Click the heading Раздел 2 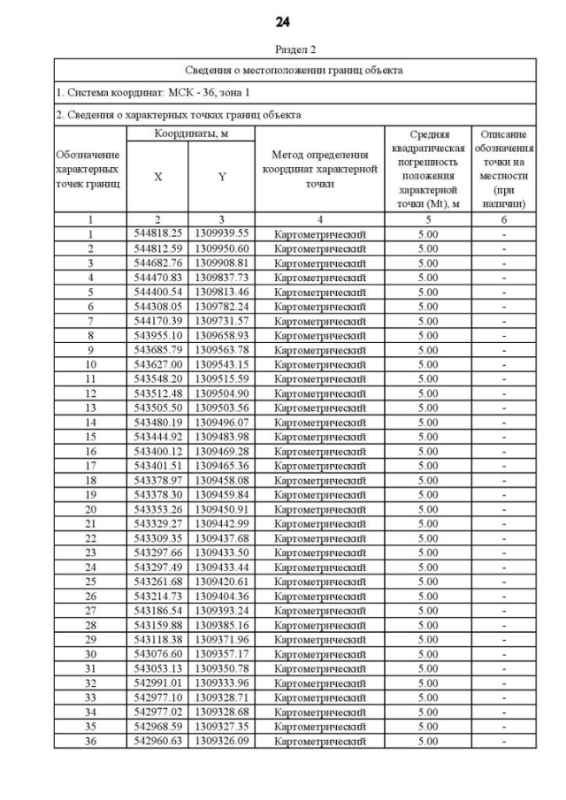[x=282, y=50]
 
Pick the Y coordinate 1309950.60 [x=222, y=248]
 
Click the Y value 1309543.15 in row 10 [x=222, y=364]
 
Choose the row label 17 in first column [x=89, y=466]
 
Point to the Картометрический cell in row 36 [x=319, y=741]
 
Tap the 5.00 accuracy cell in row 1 [x=427, y=233]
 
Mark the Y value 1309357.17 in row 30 [x=222, y=654]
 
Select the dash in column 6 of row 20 [x=503, y=509]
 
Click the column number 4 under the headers [x=319, y=218]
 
